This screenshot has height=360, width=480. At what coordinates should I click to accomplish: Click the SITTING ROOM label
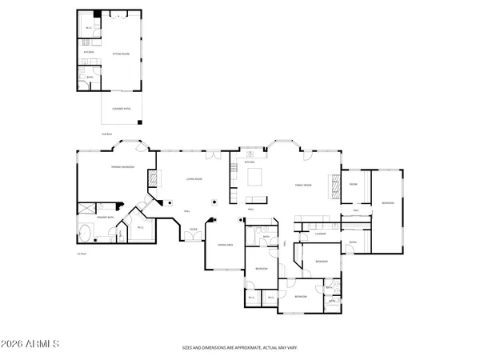(121, 53)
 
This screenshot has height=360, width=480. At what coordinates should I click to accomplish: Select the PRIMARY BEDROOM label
(122, 167)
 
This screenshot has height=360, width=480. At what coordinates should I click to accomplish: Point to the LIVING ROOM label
(193, 179)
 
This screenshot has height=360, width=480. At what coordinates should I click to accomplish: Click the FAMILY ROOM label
(302, 185)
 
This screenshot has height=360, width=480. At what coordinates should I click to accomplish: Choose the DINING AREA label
(225, 245)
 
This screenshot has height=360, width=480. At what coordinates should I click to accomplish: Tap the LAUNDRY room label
(319, 234)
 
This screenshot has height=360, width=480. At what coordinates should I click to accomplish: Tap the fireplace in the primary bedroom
(150, 182)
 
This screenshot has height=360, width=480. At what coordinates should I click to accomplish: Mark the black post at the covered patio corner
(141, 122)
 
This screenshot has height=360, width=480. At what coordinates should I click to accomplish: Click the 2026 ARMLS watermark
(32, 344)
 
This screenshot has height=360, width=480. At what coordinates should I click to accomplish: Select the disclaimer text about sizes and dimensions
(239, 348)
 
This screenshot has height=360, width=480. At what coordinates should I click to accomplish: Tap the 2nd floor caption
(106, 134)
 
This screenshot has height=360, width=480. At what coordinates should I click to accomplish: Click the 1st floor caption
(81, 254)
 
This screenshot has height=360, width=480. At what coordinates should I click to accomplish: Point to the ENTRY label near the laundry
(355, 224)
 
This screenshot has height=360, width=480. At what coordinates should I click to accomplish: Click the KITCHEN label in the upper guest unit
(90, 52)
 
